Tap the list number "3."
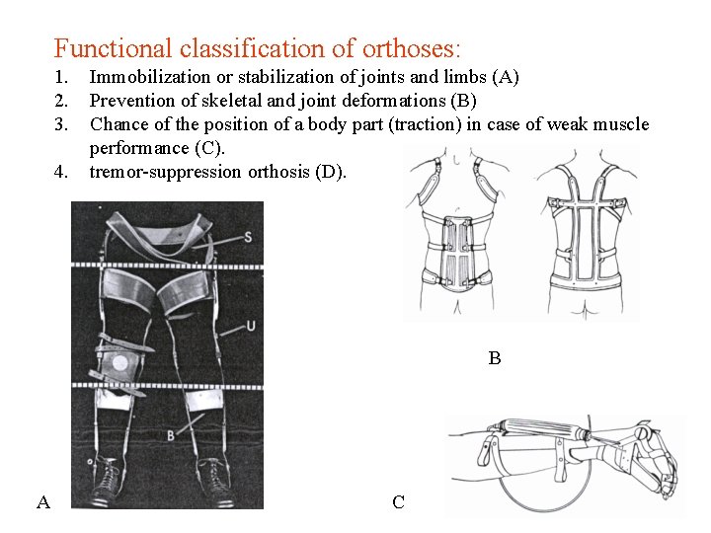[x=61, y=124]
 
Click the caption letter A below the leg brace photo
[x=42, y=502]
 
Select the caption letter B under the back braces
[x=494, y=358]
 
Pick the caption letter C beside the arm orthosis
[x=398, y=502]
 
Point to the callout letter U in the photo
[x=252, y=325]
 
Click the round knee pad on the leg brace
[x=121, y=363]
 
